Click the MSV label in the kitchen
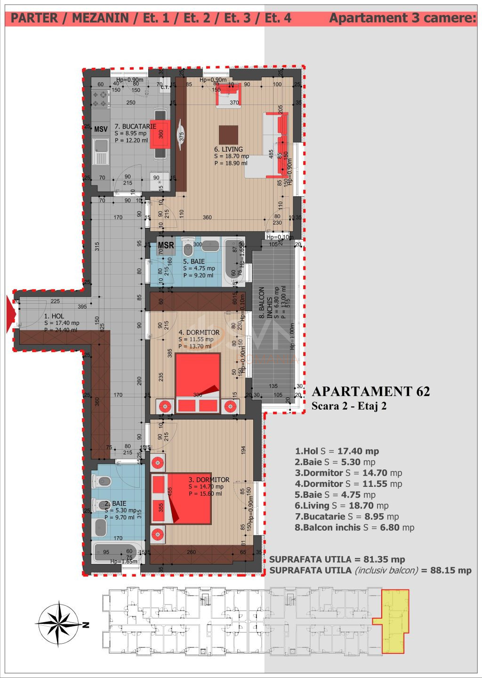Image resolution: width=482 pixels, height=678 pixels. click(101, 129)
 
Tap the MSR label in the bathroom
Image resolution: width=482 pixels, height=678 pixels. click(166, 245)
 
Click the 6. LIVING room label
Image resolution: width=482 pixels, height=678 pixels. click(229, 149)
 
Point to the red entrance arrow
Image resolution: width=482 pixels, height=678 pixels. click(9, 314)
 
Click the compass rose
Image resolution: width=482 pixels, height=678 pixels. click(58, 624)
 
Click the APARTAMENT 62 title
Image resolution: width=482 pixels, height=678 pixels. click(370, 391)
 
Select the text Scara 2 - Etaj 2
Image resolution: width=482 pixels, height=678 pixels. click(349, 406)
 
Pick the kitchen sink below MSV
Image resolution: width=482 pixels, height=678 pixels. click(100, 152)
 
